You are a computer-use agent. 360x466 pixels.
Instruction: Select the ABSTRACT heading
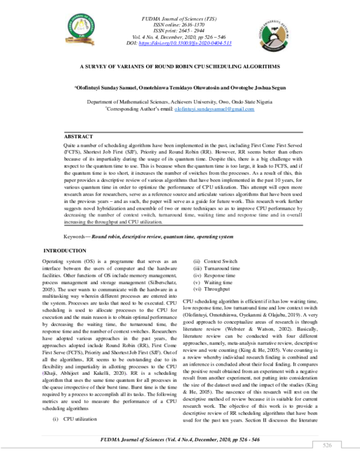[79, 137]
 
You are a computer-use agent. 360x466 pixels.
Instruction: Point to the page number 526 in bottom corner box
[328, 446]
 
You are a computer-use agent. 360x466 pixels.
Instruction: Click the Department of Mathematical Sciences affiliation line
[179, 102]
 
